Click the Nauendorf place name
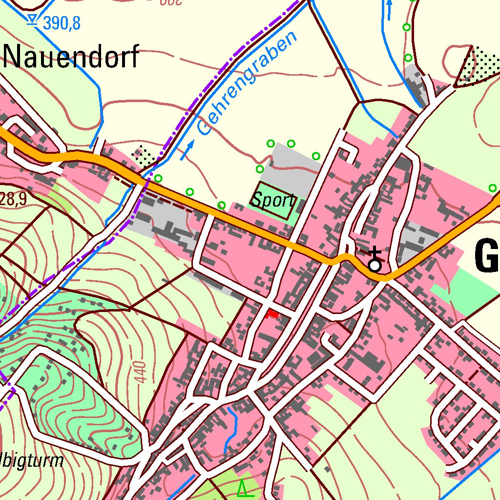(x=71, y=57)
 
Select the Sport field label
(x=273, y=201)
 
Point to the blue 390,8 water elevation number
(x=61, y=22)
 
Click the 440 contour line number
(x=141, y=373)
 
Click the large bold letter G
(x=486, y=257)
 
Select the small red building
(x=272, y=314)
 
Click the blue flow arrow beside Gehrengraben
(x=187, y=150)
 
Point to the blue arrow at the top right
(x=389, y=9)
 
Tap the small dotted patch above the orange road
(x=145, y=155)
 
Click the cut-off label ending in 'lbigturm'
(x=32, y=461)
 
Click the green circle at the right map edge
(x=493, y=188)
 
